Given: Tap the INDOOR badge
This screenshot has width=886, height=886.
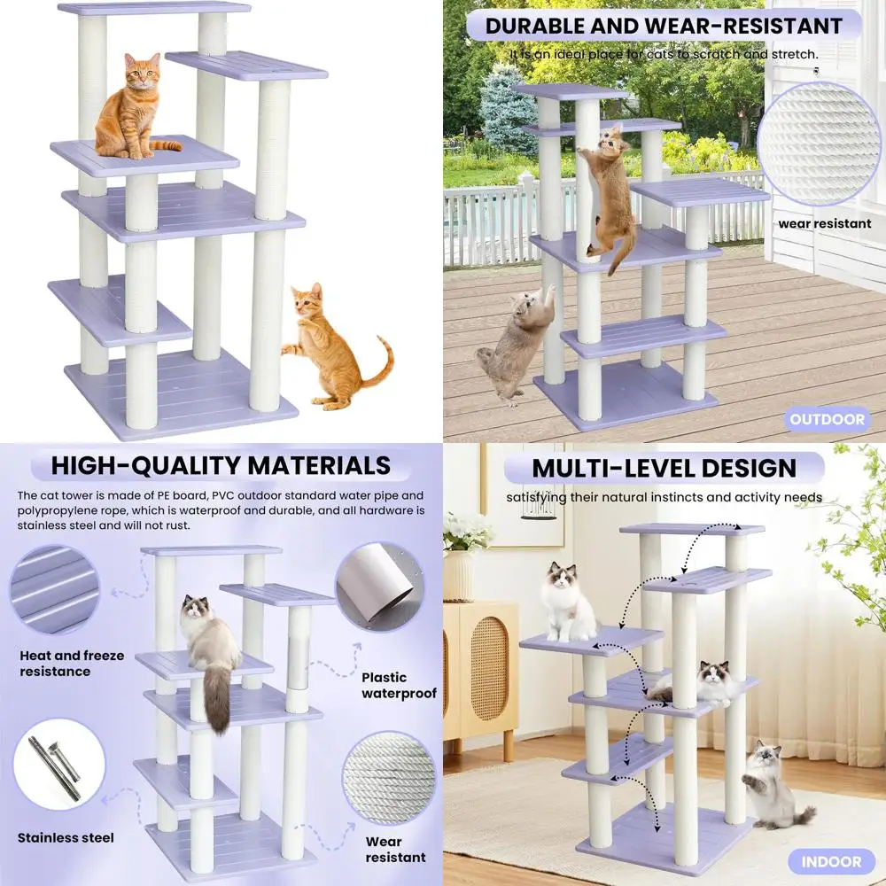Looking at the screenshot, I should (x=831, y=860).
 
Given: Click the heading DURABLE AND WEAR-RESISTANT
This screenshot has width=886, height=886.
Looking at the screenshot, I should (x=663, y=26).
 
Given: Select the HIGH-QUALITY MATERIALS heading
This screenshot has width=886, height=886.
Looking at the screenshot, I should (x=221, y=466).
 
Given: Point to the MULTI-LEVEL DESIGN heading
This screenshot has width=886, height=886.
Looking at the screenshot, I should (x=664, y=469).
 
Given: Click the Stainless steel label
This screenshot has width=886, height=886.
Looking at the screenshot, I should (x=66, y=837).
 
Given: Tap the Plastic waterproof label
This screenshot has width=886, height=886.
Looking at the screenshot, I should (x=399, y=686).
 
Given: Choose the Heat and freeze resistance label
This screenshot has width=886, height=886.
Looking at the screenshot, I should (x=72, y=664).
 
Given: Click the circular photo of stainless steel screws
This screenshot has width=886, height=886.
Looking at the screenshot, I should (x=58, y=765).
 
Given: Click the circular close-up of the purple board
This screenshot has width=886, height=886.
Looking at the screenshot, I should (x=54, y=589).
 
